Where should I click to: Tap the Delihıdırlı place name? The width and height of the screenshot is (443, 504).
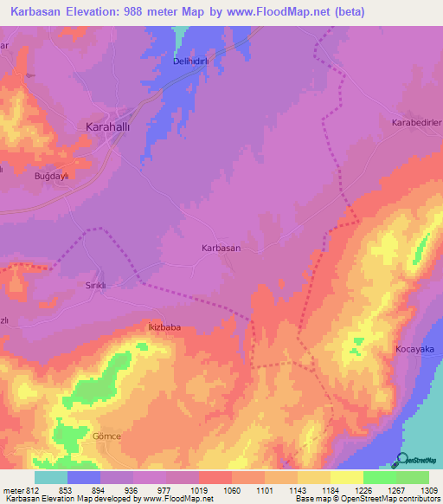point(189,62)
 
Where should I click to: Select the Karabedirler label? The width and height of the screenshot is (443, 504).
point(417,122)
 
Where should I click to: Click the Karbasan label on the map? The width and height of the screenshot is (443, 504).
point(221,248)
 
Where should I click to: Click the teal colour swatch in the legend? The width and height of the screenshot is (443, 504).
point(51,477)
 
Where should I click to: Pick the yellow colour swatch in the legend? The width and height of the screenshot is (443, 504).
point(346,477)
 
